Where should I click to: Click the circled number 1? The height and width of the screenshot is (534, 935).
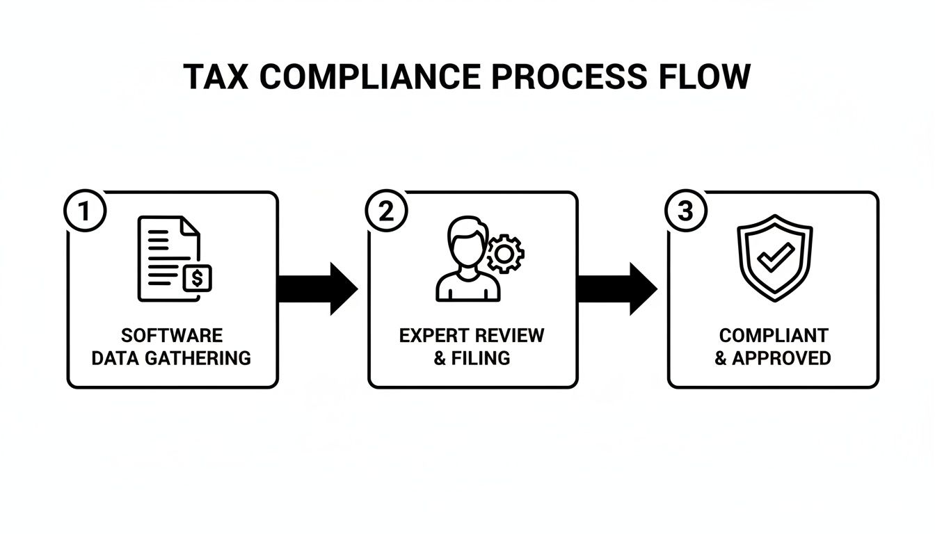coord(85,211)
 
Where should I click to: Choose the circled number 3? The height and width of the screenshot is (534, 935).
coord(686,211)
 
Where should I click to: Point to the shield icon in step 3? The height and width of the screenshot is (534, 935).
coord(773,257)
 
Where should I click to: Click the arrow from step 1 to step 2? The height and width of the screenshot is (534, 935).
coord(317,289)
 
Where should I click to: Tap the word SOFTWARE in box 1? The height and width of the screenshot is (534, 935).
coord(172,336)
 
